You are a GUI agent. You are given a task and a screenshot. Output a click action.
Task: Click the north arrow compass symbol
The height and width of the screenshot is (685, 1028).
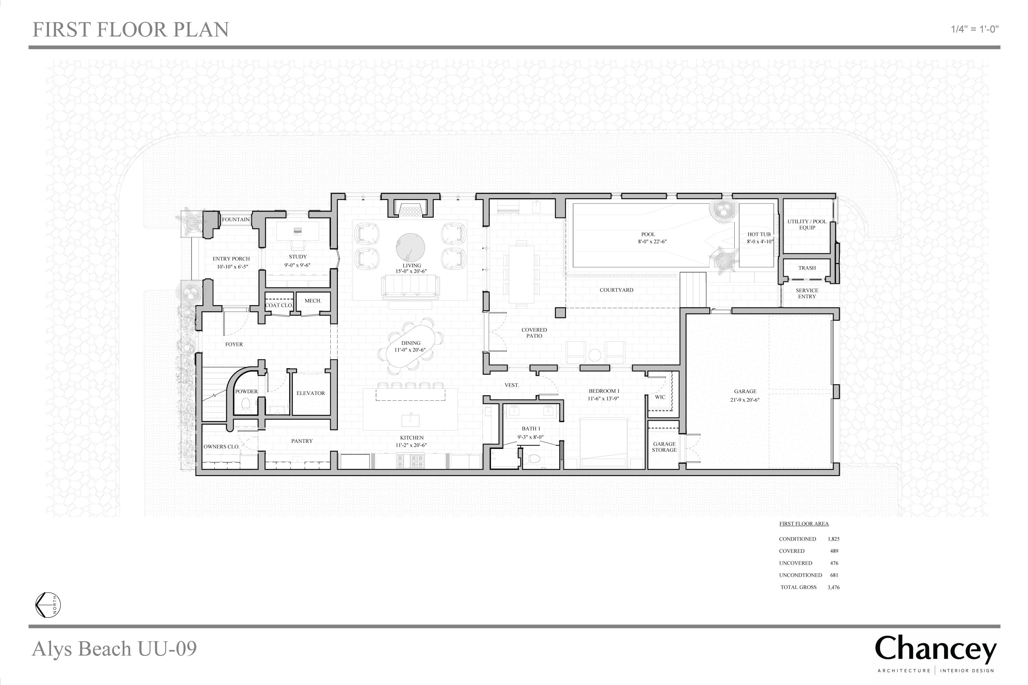point(48,605)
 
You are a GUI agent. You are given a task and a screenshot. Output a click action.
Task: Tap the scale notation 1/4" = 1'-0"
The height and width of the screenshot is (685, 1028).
point(975,29)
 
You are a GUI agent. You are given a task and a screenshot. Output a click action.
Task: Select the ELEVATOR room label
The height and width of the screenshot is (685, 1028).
point(311,393)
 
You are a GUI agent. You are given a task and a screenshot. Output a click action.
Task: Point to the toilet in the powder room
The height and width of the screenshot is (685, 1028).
point(246,405)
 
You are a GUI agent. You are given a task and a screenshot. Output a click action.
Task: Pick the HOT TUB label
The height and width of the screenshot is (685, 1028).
point(759,235)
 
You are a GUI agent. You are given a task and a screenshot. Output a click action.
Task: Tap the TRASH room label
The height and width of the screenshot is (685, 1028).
point(807,268)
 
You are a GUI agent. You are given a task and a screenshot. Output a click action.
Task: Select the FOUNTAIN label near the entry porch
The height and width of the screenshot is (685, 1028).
point(236,219)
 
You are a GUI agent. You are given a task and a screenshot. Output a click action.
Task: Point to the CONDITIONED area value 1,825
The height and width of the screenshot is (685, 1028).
point(833,539)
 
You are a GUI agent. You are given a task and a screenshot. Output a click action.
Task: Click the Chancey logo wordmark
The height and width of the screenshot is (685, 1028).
point(935,650)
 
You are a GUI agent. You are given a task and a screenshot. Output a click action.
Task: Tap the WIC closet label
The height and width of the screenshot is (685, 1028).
point(660,397)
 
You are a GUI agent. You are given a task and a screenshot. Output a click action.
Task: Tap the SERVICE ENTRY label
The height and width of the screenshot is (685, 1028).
point(807,294)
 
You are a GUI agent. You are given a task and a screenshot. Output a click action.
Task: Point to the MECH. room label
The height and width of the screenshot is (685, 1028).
point(313,301)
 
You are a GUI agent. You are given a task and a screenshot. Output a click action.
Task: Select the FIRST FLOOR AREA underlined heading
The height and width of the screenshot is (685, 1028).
point(804,524)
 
